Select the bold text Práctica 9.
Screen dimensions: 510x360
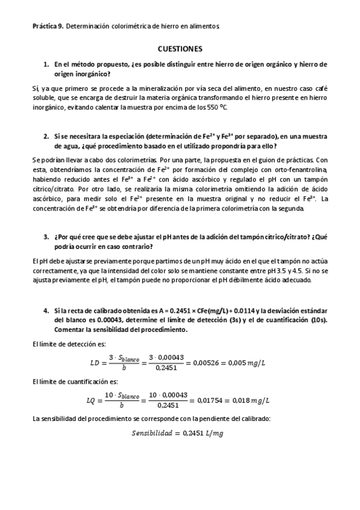coord(47,26)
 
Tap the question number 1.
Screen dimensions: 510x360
coord(46,64)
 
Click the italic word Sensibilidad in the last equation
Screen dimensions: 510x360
coord(156,434)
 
